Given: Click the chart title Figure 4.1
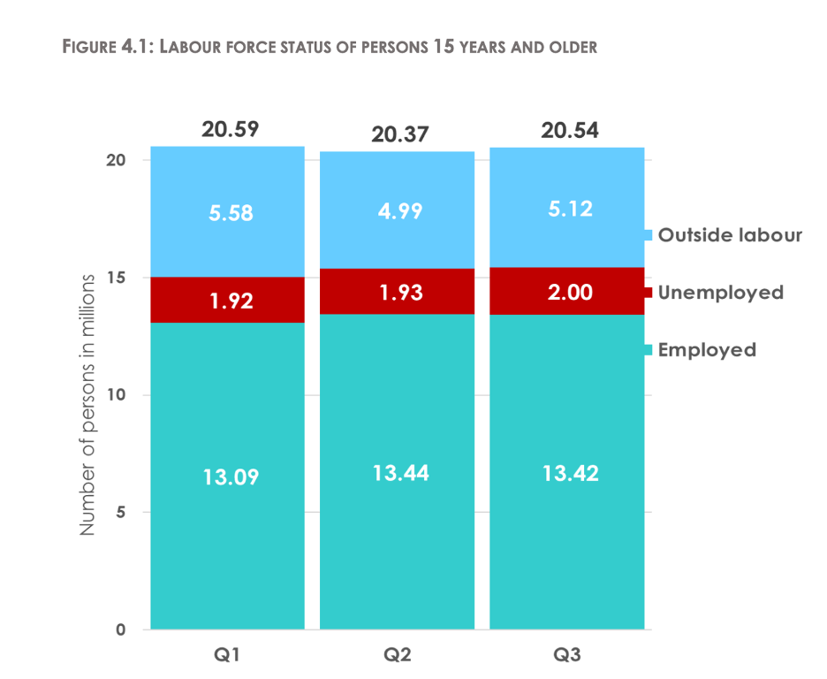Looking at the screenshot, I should [330, 46].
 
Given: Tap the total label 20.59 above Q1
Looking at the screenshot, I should [230, 129].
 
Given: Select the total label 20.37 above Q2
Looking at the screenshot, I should [399, 134].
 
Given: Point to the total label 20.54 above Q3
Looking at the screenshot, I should [570, 130].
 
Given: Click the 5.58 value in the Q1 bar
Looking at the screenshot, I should [230, 213].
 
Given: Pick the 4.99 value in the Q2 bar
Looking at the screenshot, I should [399, 211].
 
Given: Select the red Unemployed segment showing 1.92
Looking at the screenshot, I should [230, 301].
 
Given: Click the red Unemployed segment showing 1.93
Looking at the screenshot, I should [399, 292].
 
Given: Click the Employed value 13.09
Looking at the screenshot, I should [230, 477].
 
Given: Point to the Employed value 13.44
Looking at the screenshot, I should [399, 473].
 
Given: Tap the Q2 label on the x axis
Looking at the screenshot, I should [399, 655].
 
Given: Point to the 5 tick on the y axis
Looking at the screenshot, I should [125, 512].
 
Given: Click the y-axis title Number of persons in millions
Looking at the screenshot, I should [87, 405].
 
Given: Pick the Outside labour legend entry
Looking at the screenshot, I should [723, 235].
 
